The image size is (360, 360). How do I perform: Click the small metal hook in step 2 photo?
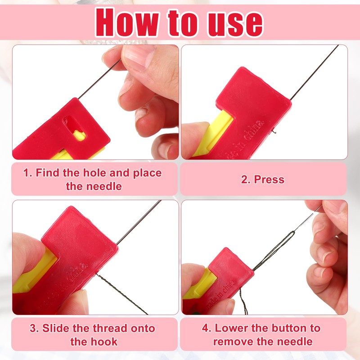click(273, 131)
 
